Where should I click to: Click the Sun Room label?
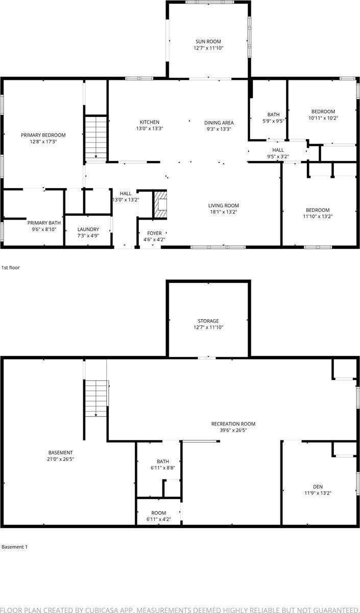tap(208, 41)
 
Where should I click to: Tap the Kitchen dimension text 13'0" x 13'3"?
tap(150, 129)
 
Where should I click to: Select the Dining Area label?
tap(219, 122)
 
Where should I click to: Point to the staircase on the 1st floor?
tap(95, 137)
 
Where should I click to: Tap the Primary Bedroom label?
tap(43, 135)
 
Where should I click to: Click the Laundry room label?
tap(88, 229)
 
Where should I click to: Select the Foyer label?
tap(154, 233)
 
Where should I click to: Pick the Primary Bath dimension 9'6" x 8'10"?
tap(44, 229)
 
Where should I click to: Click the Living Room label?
tap(224, 205)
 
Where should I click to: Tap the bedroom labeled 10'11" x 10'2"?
tap(323, 111)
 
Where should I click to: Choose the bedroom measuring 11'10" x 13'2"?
tap(318, 210)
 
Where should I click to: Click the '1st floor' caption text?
tap(11, 267)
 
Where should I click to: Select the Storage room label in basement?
tap(208, 321)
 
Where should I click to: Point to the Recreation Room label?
tap(233, 423)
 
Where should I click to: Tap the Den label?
tap(318, 486)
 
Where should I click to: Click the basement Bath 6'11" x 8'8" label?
tap(162, 461)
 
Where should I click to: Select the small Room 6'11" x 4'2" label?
tap(159, 513)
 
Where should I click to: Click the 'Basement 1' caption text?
tap(14, 547)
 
